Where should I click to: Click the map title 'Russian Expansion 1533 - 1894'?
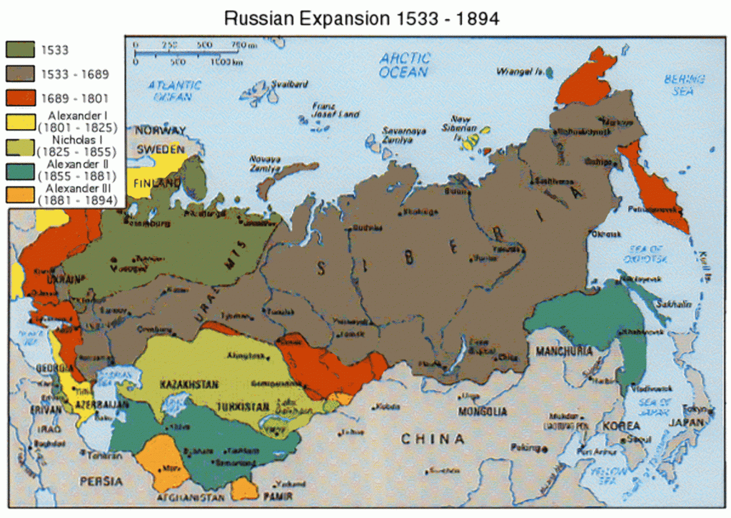pos(361,18)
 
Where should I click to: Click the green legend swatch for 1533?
pos(21,50)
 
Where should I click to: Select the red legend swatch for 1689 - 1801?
pos(21,96)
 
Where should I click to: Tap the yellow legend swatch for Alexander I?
pos(21,121)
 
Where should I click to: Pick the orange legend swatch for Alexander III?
pos(21,195)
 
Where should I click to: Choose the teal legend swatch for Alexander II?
pos(21,171)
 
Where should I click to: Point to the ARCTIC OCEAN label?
pos(404,65)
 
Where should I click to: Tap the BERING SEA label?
pos(684,85)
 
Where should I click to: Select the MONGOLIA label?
pos(483,412)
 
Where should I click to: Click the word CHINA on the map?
pos(433,439)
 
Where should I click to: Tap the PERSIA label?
pos(101,481)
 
